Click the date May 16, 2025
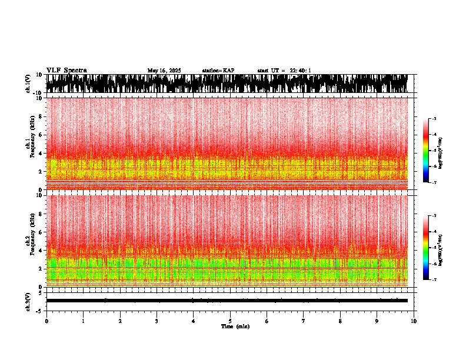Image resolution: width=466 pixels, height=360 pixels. click(x=164, y=71)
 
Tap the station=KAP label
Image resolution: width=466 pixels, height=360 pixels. click(x=218, y=71)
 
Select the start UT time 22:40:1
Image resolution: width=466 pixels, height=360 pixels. click(x=284, y=71)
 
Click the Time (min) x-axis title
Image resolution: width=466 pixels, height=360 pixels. click(x=235, y=326)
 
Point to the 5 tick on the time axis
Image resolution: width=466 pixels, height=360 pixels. click(x=230, y=321)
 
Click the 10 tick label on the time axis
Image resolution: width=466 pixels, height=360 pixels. click(x=414, y=321)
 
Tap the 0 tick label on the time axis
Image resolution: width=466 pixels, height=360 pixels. click(x=46, y=321)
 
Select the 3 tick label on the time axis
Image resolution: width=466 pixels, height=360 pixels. click(x=157, y=321)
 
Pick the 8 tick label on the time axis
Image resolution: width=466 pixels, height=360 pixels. click(x=340, y=321)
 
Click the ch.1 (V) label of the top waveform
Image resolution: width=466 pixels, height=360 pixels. click(x=28, y=84)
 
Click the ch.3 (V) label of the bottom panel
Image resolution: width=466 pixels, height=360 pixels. click(x=28, y=300)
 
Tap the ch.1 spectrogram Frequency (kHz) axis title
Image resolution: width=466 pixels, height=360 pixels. click(x=32, y=144)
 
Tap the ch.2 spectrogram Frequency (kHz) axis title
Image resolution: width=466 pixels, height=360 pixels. click(x=32, y=241)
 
